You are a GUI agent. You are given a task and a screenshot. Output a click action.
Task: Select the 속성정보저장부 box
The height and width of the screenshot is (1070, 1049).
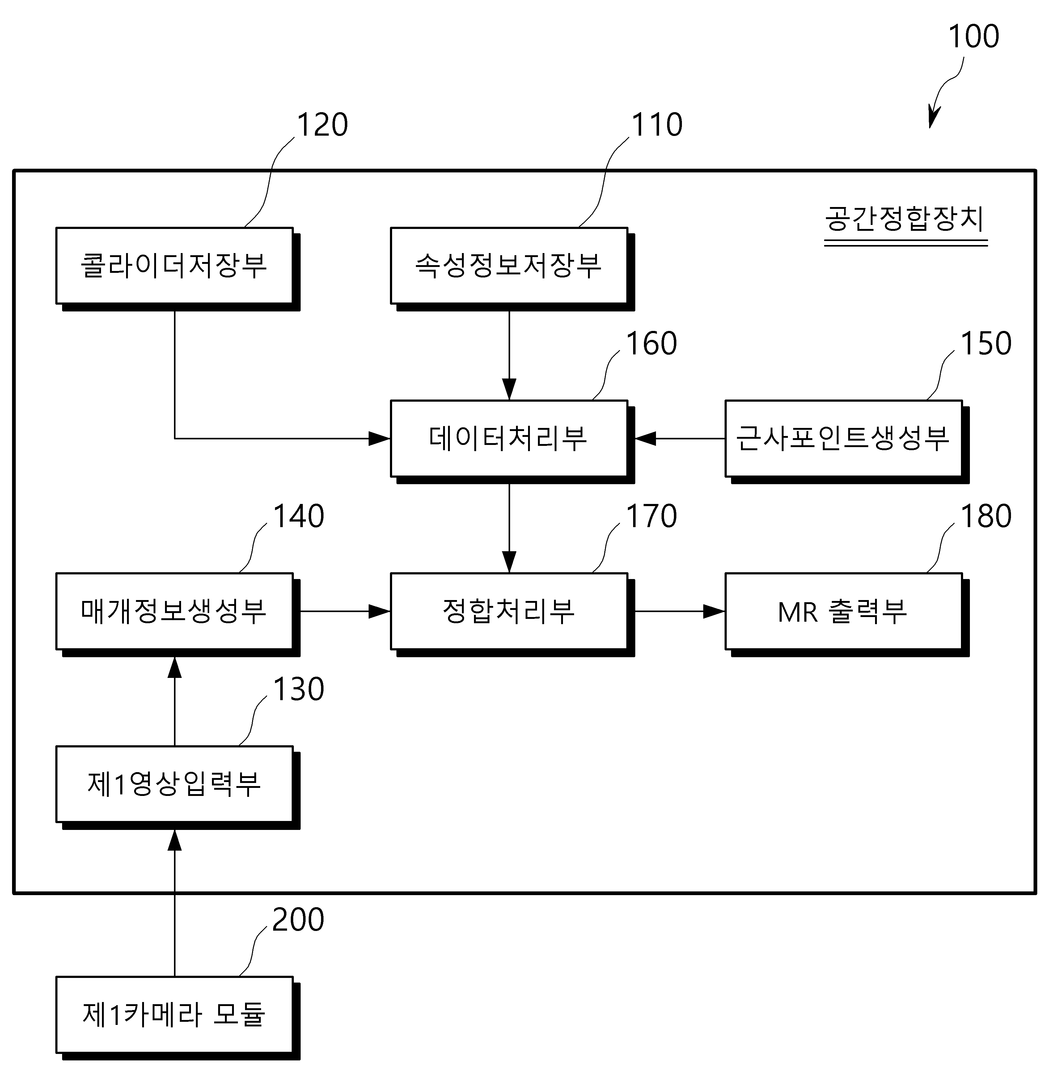tap(509, 266)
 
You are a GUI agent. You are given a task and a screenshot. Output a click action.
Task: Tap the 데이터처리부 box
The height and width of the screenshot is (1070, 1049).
tap(509, 438)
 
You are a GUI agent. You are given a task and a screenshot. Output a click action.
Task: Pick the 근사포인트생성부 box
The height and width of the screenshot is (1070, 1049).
tap(844, 438)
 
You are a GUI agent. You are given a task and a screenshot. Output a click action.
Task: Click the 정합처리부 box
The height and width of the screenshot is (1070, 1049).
tap(509, 611)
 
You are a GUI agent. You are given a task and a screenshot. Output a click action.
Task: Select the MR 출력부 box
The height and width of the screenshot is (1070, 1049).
tap(844, 611)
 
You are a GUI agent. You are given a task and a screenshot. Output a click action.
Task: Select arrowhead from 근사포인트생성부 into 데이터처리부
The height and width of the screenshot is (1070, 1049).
tap(645, 438)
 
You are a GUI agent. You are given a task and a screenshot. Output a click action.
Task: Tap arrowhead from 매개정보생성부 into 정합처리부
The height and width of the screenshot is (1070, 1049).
tap(380, 611)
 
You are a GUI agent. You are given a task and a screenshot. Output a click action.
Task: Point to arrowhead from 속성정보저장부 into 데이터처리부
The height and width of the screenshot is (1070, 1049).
tap(509, 389)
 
